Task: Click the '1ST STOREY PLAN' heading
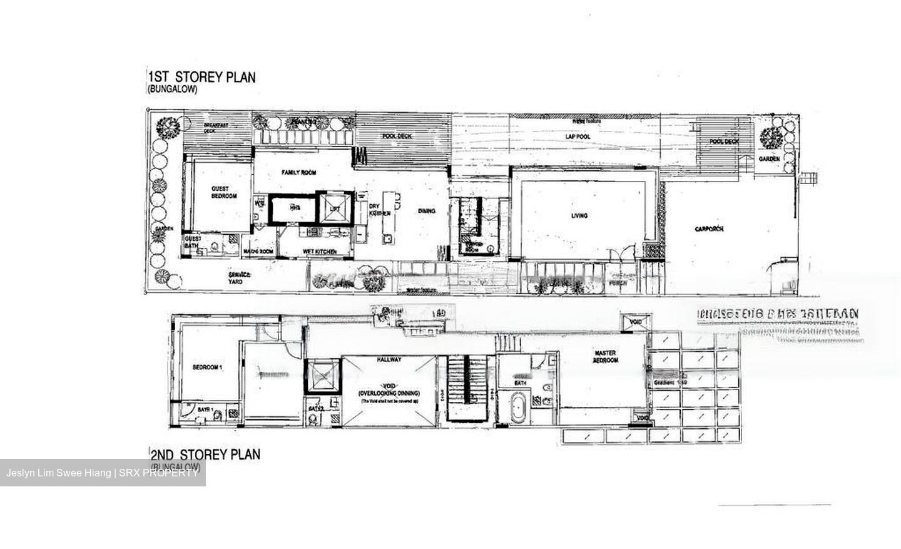[x=201, y=77]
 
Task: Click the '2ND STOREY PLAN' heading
[x=205, y=454]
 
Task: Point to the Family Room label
[x=298, y=173]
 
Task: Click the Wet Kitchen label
[x=319, y=252]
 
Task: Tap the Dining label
[x=427, y=211]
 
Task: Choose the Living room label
[x=579, y=216]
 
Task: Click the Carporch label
[x=709, y=229]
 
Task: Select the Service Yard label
[x=239, y=278]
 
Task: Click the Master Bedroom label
[x=606, y=357]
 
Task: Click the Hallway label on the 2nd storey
[x=389, y=360]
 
